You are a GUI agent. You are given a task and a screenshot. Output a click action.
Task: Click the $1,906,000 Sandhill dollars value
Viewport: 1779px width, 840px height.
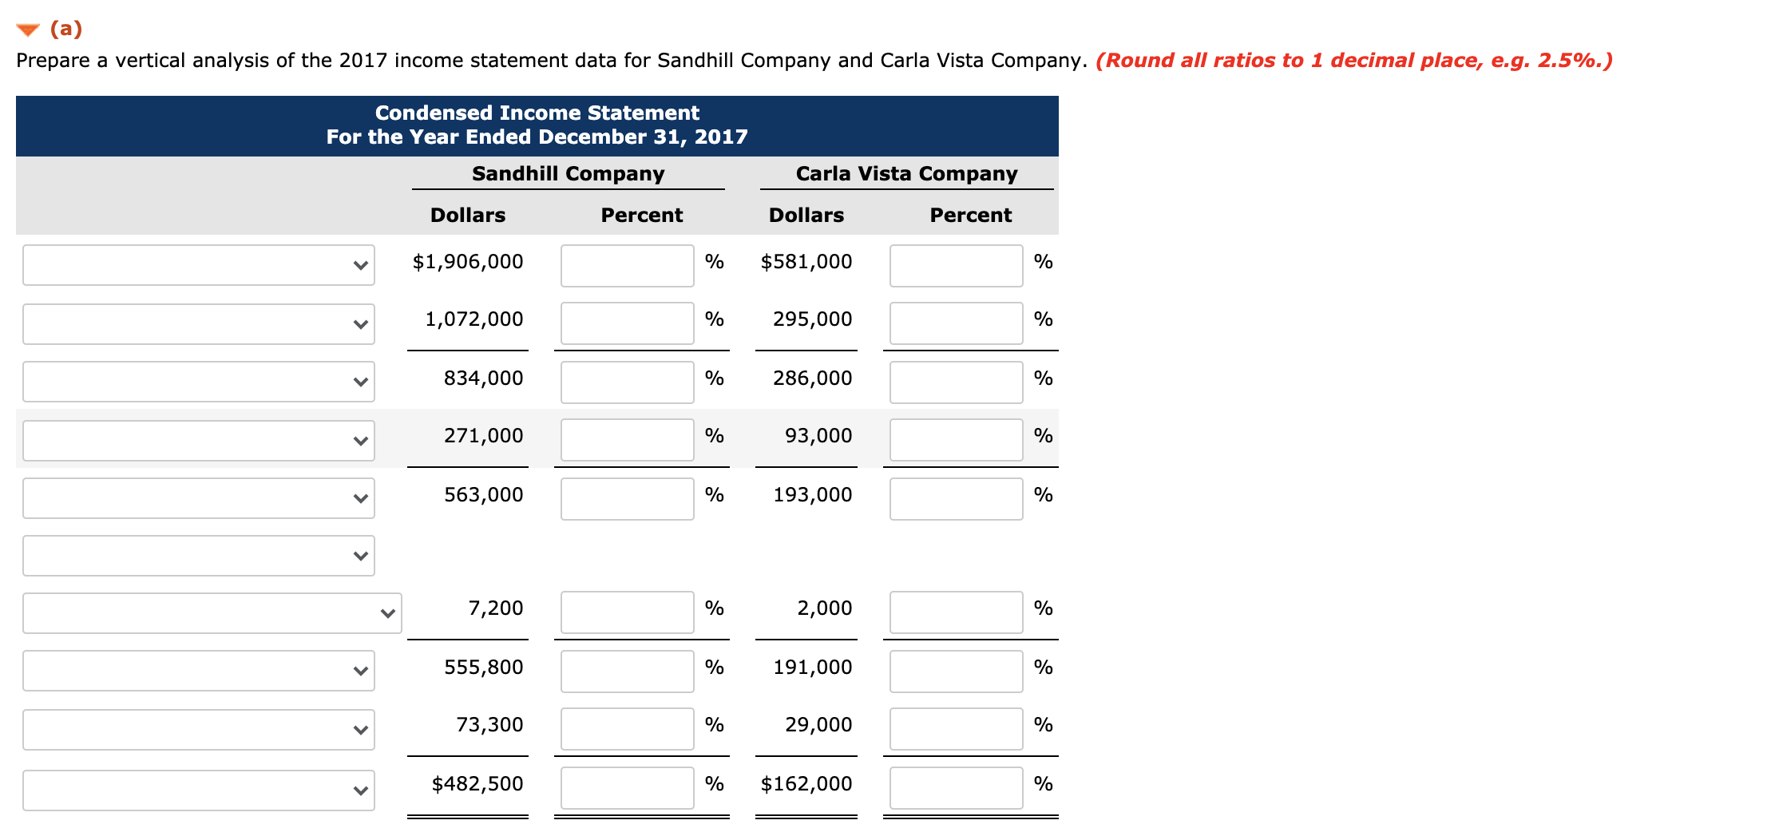pyautogui.click(x=468, y=262)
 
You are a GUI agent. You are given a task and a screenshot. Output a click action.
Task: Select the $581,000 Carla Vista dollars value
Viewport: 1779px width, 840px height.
pyautogui.click(x=806, y=262)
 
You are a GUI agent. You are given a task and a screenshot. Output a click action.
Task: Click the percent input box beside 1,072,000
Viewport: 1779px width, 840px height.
pyautogui.click(x=627, y=323)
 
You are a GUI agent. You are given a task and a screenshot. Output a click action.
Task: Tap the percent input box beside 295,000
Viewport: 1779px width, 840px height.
pyautogui.click(x=956, y=323)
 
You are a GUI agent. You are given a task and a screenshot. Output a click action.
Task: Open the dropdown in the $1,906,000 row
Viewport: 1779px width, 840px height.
pyautogui.click(x=199, y=265)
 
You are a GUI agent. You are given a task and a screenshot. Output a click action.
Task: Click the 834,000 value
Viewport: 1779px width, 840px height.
pyautogui.click(x=483, y=378)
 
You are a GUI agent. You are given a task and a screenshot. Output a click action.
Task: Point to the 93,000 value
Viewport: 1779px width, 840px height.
pyautogui.click(x=818, y=436)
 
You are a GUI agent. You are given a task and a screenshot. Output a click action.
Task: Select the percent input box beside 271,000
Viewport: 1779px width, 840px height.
pyautogui.click(x=627, y=440)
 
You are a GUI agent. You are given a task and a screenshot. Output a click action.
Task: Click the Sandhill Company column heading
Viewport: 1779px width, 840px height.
pyautogui.click(x=568, y=174)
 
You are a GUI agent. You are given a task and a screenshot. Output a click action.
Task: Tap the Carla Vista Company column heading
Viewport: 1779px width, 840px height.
pyautogui.click(x=906, y=174)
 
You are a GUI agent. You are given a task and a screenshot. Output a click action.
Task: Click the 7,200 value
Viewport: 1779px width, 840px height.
pyautogui.click(x=495, y=608)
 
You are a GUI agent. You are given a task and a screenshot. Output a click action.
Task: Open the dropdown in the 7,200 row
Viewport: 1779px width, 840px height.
pyautogui.click(x=212, y=613)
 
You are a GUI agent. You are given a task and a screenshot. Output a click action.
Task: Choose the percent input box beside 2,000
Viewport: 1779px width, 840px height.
pyautogui.click(x=956, y=612)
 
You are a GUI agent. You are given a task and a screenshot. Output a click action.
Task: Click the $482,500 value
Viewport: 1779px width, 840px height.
pyautogui.click(x=477, y=784)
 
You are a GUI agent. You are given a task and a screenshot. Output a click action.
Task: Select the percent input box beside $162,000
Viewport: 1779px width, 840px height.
pyautogui.click(x=956, y=788)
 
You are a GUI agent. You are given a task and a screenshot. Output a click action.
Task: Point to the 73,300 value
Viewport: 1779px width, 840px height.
pyautogui.click(x=489, y=725)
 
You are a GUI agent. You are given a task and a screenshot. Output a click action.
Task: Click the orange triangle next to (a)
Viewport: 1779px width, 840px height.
pyautogui.click(x=28, y=30)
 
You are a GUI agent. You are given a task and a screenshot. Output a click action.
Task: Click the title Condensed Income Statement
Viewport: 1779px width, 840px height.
pyautogui.click(x=537, y=113)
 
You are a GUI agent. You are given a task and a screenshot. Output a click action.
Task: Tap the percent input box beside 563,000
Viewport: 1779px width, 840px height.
pyautogui.click(x=627, y=499)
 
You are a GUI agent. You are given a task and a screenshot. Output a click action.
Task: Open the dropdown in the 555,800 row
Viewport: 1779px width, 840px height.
pyautogui.click(x=199, y=671)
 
